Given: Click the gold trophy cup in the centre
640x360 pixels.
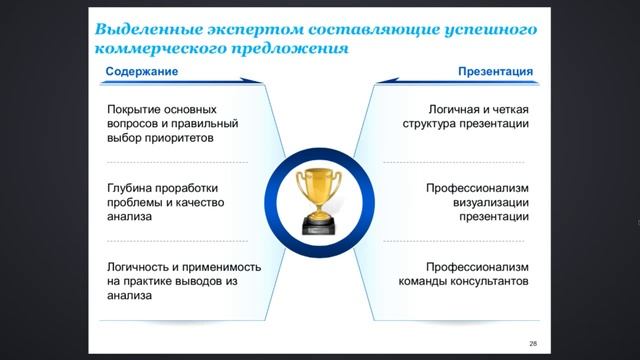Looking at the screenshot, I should pyautogui.click(x=319, y=185).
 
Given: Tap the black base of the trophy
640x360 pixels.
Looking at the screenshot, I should pyautogui.click(x=319, y=223).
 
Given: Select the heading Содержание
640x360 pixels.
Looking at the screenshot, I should pyautogui.click(x=142, y=73).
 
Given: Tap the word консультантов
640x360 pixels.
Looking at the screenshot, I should pyautogui.click(x=486, y=283).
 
